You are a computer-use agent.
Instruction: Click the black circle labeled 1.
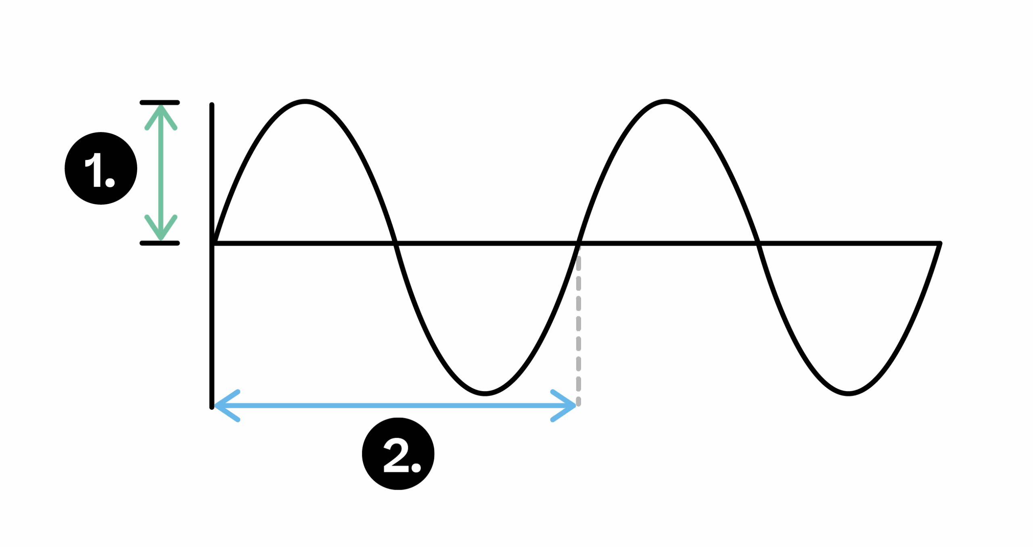click(101, 168)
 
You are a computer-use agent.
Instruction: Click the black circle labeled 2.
click(398, 454)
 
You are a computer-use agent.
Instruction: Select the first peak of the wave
click(305, 101)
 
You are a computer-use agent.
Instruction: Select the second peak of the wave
click(665, 101)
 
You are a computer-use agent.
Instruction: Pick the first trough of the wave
click(485, 393)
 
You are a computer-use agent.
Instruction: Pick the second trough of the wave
click(848, 393)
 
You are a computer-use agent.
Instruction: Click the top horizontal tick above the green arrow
click(160, 103)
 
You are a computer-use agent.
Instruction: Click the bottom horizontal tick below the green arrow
click(160, 243)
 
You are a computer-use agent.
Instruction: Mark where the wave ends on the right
click(940, 243)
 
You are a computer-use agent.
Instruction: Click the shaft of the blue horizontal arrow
click(395, 406)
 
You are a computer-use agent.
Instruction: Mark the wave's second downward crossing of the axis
click(758, 243)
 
